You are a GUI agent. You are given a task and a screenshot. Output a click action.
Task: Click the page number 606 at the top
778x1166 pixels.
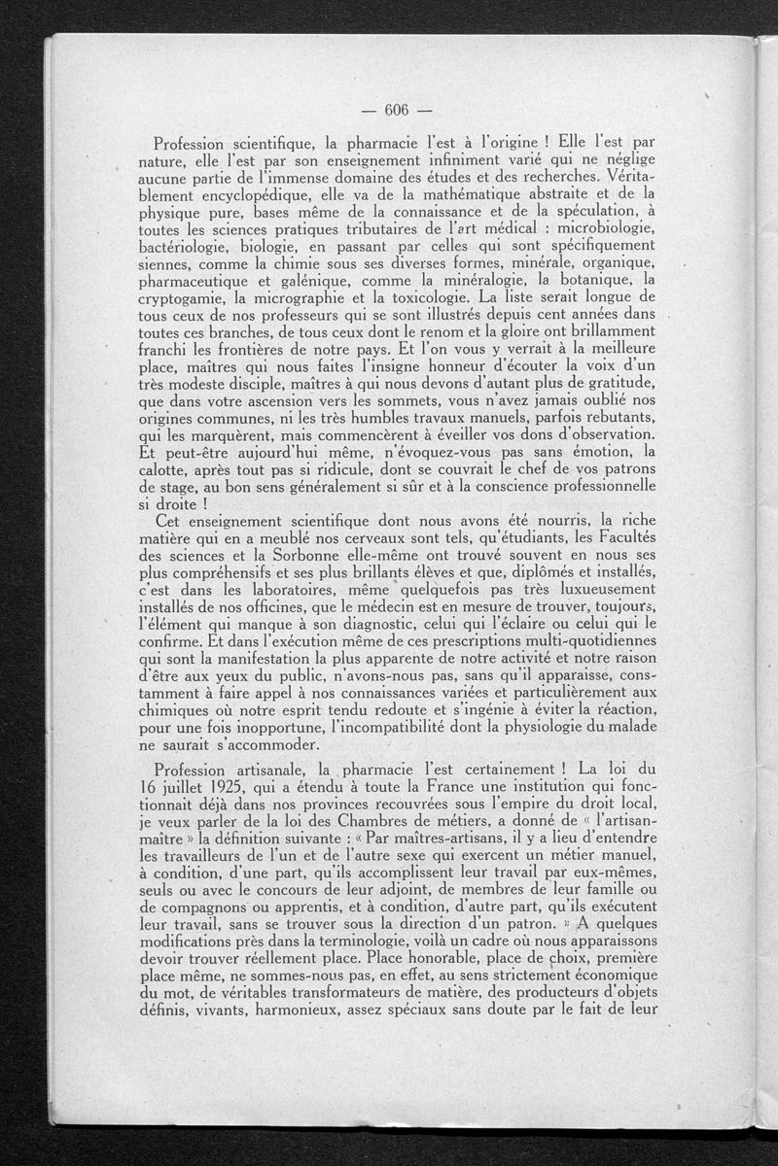(399, 109)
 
